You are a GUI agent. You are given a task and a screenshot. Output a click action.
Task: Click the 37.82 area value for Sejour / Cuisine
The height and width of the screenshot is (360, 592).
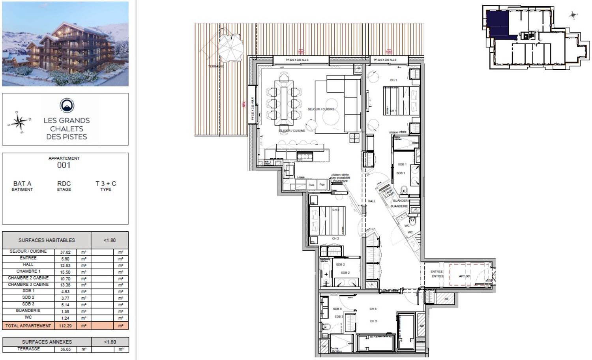pyautogui.click(x=65, y=252)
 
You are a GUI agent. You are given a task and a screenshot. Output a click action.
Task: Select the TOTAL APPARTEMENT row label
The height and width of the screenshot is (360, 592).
pyautogui.click(x=28, y=326)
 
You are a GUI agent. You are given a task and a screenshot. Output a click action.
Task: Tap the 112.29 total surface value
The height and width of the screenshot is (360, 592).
pyautogui.click(x=65, y=326)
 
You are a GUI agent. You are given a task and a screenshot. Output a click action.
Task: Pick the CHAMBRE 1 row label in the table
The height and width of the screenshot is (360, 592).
pyautogui.click(x=28, y=272)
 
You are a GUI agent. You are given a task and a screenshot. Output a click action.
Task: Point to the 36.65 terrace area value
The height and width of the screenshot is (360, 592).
pyautogui.click(x=65, y=349)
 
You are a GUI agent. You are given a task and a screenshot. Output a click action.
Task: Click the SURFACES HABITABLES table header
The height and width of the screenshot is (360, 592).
pyautogui.click(x=47, y=240)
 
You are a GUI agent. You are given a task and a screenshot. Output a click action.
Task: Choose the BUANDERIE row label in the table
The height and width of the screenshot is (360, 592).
pyautogui.click(x=28, y=311)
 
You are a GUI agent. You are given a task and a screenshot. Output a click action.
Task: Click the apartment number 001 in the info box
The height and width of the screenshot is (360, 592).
pyautogui.click(x=64, y=165)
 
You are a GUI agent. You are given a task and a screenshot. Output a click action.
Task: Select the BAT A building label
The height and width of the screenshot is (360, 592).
pyautogui.click(x=22, y=184)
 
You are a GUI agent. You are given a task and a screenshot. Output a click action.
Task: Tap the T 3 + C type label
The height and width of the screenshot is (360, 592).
pyautogui.click(x=106, y=184)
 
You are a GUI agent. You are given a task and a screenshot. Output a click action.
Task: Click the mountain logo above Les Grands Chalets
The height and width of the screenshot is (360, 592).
pyautogui.click(x=67, y=105)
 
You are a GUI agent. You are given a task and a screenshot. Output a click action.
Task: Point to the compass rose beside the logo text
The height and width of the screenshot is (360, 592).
pyautogui.click(x=19, y=121)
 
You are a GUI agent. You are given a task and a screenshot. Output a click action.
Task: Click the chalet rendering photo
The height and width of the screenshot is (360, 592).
pyautogui.click(x=65, y=44)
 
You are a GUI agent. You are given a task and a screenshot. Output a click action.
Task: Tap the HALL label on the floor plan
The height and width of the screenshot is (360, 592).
pyautogui.click(x=371, y=201)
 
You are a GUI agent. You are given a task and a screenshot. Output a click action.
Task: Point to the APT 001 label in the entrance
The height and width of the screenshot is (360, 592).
pyautogui.click(x=465, y=276)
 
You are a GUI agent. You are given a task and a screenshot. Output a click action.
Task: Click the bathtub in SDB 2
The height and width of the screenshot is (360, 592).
pyautogui.click(x=326, y=273)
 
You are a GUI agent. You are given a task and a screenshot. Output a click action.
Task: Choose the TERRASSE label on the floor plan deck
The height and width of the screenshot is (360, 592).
pyautogui.click(x=216, y=66)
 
